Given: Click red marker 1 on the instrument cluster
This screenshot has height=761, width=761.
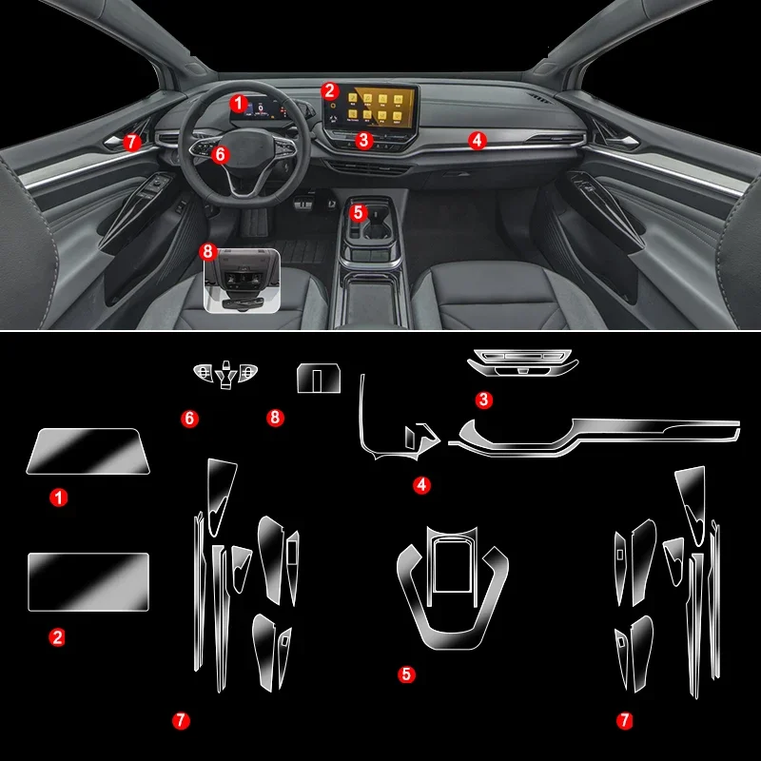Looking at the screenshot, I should (239, 101).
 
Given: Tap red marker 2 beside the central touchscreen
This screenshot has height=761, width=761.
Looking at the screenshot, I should (329, 90).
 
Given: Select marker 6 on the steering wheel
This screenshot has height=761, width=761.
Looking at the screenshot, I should (221, 153).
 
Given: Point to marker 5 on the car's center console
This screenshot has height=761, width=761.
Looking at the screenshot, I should (358, 212).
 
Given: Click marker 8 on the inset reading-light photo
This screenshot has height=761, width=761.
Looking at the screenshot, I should (209, 251).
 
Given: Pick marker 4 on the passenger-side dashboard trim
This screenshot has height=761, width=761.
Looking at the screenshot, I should (478, 140).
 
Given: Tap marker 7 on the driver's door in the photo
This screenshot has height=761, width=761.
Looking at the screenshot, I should (132, 141).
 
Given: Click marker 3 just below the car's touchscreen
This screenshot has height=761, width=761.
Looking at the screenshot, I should (361, 140).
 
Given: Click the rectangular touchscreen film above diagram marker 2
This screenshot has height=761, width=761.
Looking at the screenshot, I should (88, 581).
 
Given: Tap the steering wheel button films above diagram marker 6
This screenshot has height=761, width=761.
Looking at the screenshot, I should (224, 375).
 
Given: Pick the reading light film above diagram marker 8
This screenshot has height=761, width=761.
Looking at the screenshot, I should (319, 378).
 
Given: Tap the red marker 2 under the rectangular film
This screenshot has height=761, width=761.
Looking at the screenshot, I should (58, 637).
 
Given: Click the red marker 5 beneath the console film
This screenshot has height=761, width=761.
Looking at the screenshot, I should (407, 674).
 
